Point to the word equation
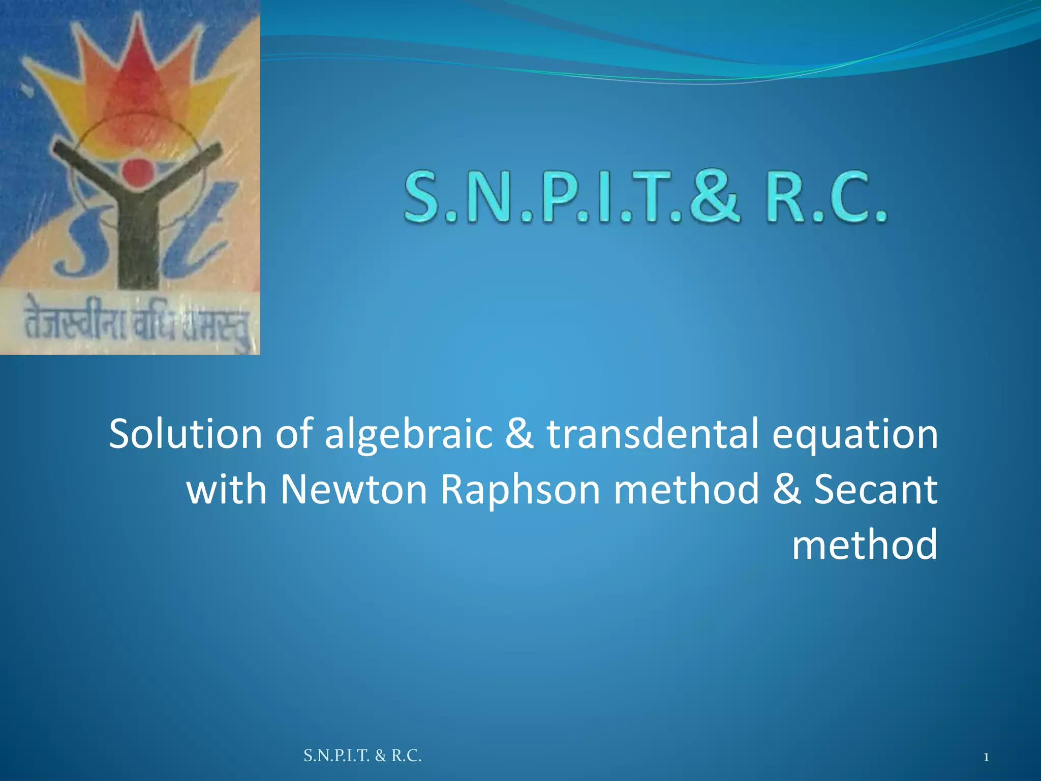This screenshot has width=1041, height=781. [x=854, y=435]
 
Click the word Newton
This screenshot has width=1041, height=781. [x=354, y=489]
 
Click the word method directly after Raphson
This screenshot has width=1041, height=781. [x=686, y=489]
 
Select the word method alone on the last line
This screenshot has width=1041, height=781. [x=864, y=545]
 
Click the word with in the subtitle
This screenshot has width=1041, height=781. [x=227, y=489]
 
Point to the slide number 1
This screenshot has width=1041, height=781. [x=986, y=758]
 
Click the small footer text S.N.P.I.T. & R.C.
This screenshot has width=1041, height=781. [x=362, y=756]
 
